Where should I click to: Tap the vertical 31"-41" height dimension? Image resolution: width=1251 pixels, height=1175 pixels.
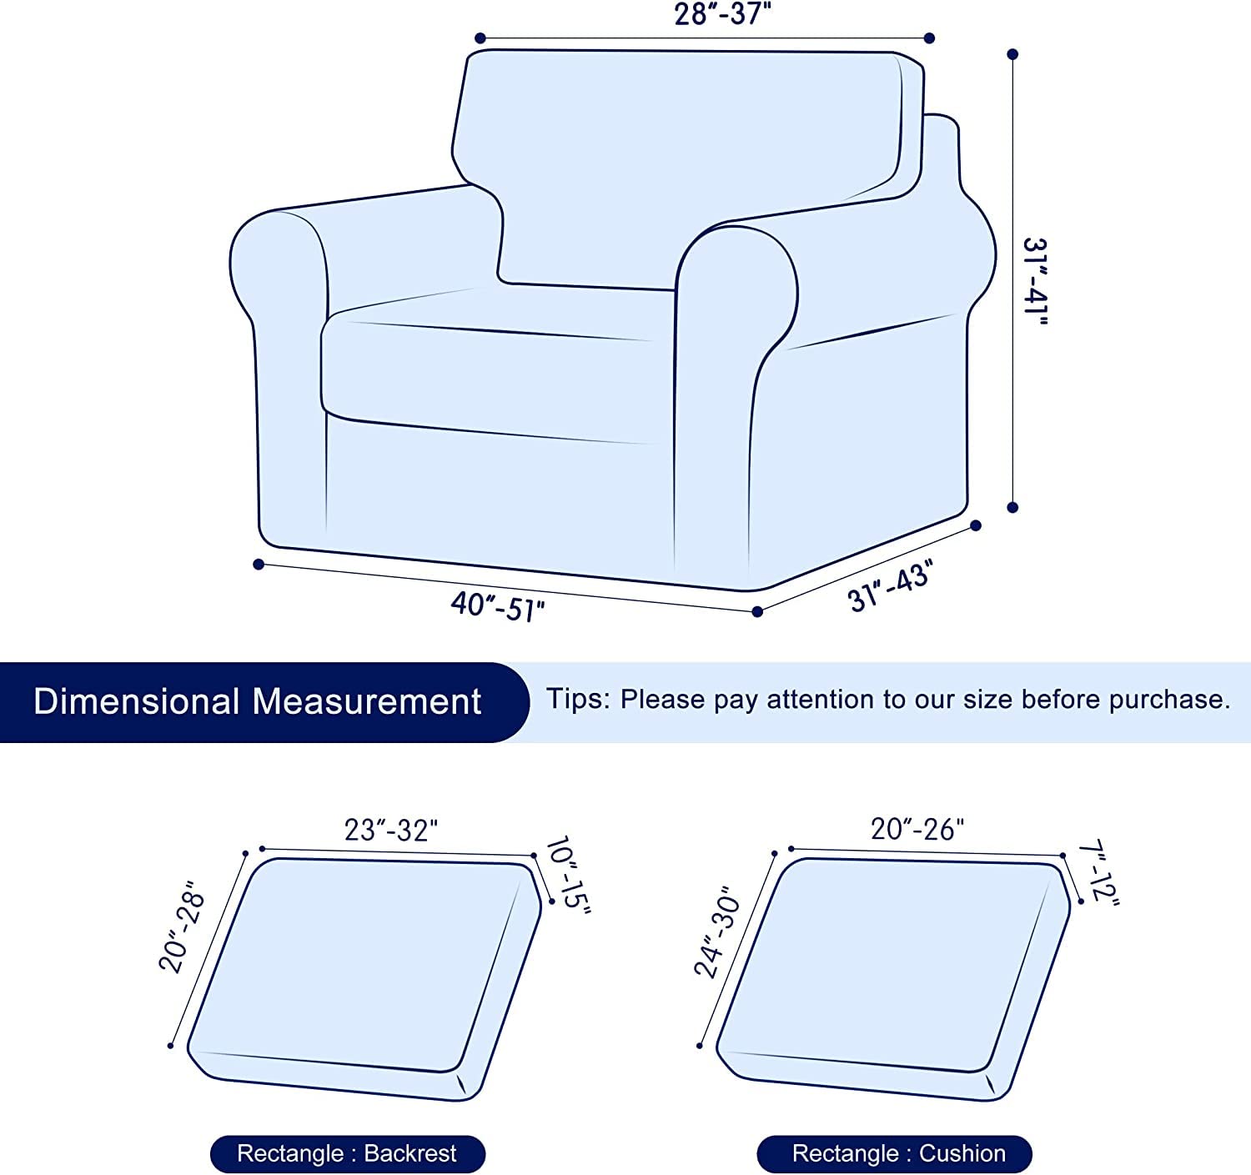click(1035, 281)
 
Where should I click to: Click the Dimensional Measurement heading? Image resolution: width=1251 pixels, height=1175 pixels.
click(257, 701)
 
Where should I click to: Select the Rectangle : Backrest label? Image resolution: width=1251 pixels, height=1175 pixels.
click(347, 1153)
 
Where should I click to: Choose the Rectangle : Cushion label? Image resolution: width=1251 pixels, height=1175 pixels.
click(898, 1153)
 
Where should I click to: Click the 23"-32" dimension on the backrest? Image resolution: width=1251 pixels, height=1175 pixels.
click(391, 830)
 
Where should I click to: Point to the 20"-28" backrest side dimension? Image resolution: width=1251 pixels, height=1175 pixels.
click(182, 926)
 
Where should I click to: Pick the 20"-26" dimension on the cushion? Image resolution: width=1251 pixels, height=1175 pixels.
click(917, 829)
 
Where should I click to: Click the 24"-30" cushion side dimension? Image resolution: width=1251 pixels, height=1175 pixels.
click(717, 931)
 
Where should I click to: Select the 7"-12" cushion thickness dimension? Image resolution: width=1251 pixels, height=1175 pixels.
click(1099, 874)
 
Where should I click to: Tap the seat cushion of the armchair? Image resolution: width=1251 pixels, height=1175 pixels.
click(492, 375)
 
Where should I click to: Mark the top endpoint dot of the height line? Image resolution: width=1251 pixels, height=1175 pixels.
click(1012, 54)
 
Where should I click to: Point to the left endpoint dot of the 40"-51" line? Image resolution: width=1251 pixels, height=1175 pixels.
click(259, 565)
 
